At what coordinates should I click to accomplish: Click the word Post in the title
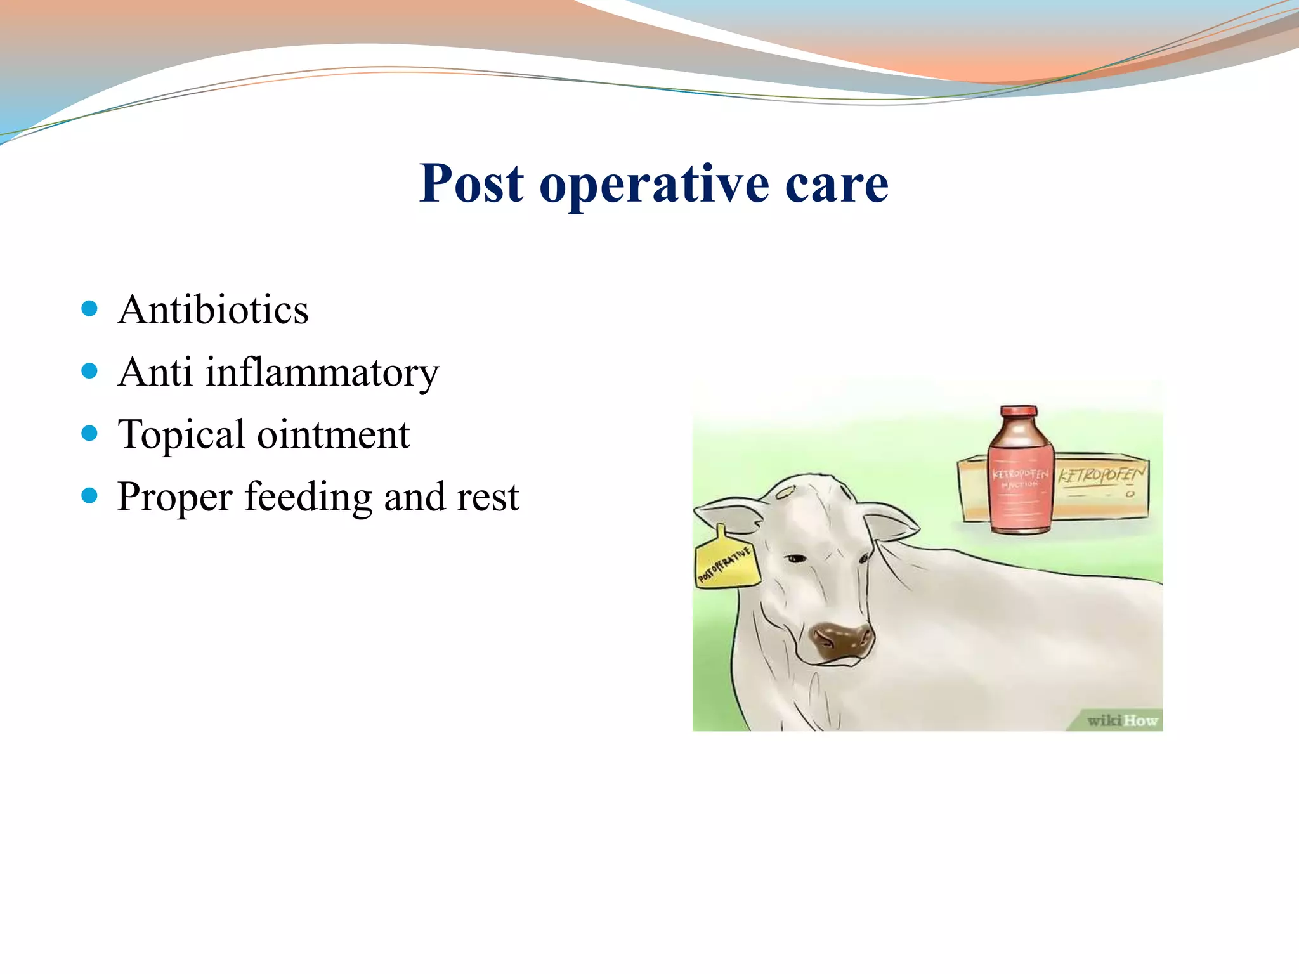pos(471,183)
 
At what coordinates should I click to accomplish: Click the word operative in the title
pos(653,185)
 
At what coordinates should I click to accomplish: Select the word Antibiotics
pos(213,310)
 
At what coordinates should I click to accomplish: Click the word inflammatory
pos(322,372)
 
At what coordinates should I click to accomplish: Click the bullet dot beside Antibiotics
pos(89,309)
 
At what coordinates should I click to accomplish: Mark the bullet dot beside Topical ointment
pos(89,434)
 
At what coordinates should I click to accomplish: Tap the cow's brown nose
pos(842,640)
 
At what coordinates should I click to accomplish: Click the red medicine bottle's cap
pos(1019,413)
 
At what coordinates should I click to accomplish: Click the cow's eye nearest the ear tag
pos(795,559)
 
